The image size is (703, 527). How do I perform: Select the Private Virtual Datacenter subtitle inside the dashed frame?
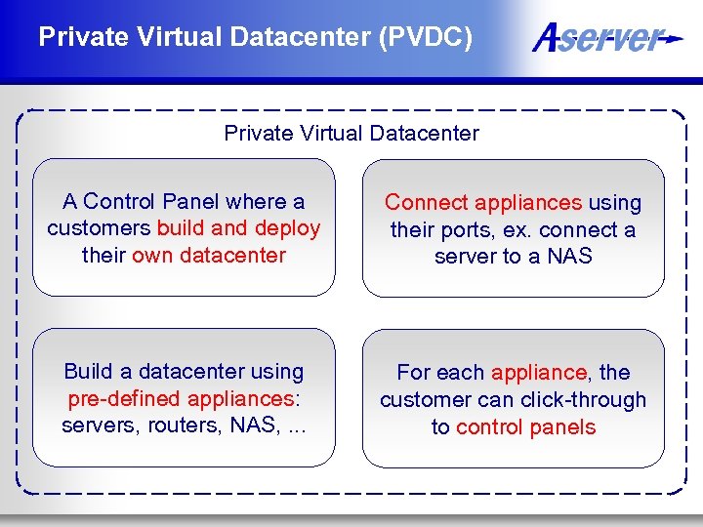351,133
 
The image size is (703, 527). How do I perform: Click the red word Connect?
426,203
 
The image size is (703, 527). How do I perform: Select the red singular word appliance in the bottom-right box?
539,373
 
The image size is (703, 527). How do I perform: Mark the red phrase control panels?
525,427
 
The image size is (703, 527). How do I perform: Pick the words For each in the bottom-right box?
440,373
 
